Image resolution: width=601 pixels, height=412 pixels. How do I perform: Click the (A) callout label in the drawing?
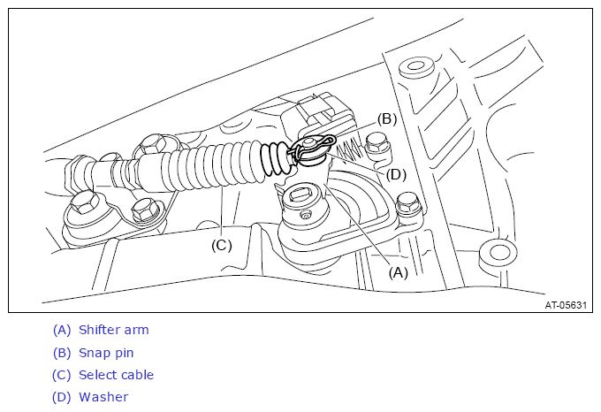tap(399, 272)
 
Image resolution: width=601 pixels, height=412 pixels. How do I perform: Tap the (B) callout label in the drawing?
tap(387, 118)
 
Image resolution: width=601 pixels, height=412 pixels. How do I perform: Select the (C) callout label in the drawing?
tap(221, 245)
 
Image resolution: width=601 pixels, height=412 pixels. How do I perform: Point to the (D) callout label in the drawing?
tap(397, 173)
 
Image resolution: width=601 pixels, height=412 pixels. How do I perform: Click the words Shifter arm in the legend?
tap(113, 331)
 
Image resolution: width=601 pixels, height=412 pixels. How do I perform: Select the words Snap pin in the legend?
tap(106, 353)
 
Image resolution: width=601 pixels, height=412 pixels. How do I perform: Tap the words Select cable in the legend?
tap(116, 375)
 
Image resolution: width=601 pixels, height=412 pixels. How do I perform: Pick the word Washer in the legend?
tap(103, 397)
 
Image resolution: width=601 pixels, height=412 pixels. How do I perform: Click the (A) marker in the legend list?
tap(62, 331)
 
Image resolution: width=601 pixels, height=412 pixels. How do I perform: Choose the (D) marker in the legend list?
tap(62, 397)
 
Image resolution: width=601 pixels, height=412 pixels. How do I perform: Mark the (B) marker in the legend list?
tap(62, 353)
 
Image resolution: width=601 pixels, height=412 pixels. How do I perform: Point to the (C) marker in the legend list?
tap(62, 375)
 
